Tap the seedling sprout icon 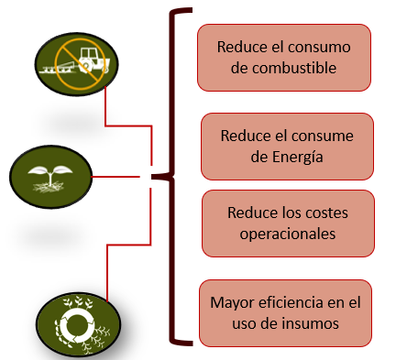click(x=51, y=172)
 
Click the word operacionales click(x=288, y=234)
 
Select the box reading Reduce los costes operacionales click(x=288, y=223)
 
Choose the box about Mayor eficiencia click(x=286, y=311)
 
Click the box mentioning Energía click(x=287, y=146)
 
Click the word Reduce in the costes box click(x=253, y=213)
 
